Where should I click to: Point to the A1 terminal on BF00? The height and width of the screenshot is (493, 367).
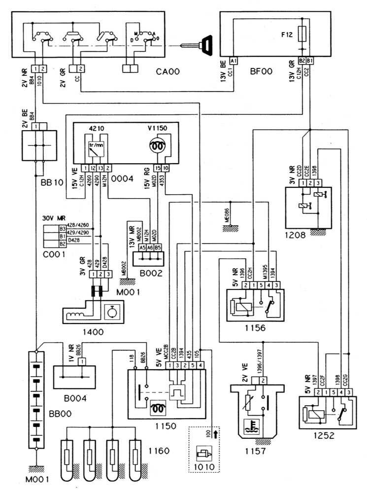(234, 60)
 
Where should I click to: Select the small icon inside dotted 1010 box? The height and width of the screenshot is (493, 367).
(202, 453)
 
